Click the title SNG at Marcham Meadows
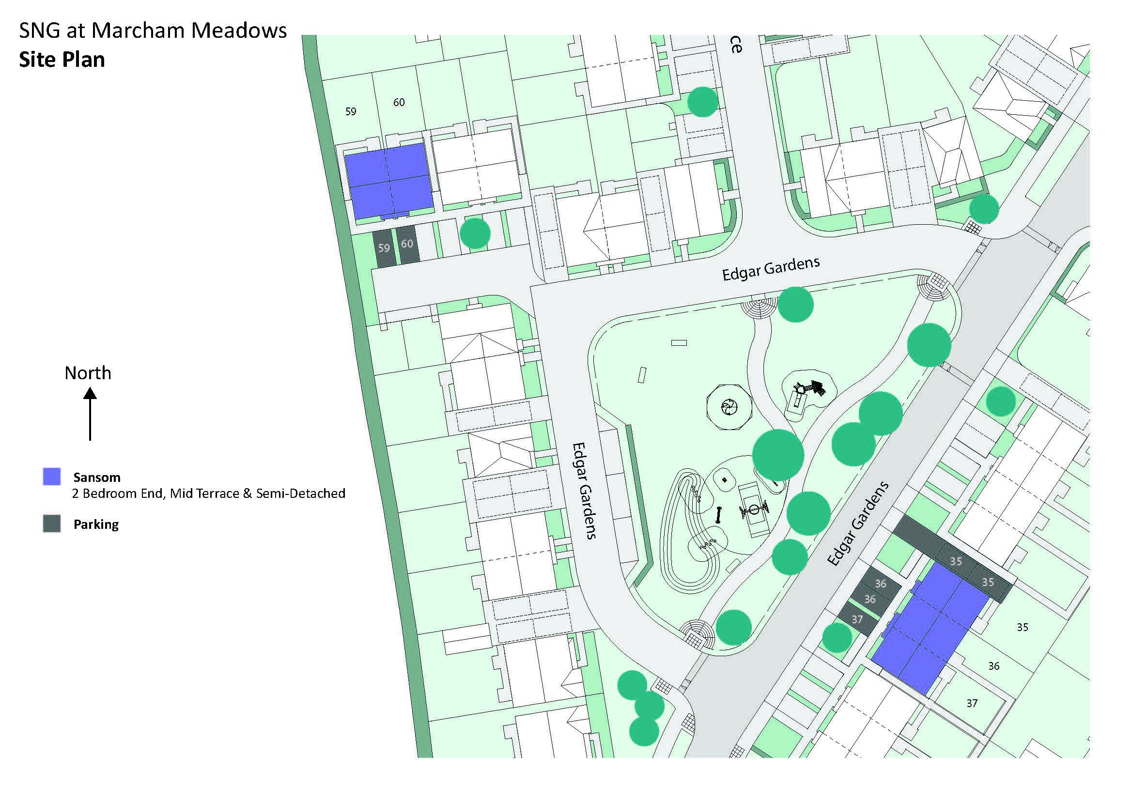click(x=153, y=31)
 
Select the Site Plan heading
click(x=62, y=60)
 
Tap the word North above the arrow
click(x=88, y=373)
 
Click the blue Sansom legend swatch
click(x=52, y=477)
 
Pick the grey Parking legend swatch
click(x=52, y=524)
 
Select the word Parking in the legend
click(x=96, y=524)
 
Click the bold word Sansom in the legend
click(x=97, y=477)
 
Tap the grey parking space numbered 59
click(x=384, y=248)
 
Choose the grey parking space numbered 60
click(x=407, y=245)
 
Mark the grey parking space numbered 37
click(x=858, y=619)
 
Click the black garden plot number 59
click(x=351, y=111)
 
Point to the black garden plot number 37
click(x=972, y=703)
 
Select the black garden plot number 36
click(x=994, y=666)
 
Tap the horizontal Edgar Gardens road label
click(x=771, y=268)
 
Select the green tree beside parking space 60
click(x=475, y=233)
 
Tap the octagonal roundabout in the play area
click(x=729, y=408)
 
